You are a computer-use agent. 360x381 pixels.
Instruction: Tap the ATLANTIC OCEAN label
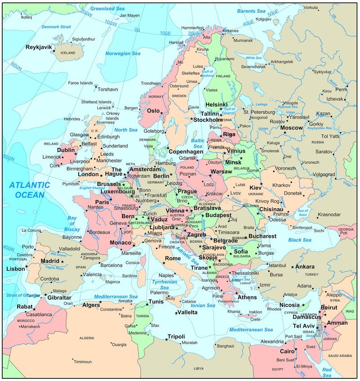tap(30, 189)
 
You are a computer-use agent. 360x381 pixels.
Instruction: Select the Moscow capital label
tap(291, 128)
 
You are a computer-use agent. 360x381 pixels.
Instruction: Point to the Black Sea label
tap(300, 240)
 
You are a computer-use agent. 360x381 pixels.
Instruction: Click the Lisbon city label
tap(15, 269)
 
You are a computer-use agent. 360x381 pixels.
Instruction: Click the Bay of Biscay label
tap(72, 224)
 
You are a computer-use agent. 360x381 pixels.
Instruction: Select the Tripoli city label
tap(176, 336)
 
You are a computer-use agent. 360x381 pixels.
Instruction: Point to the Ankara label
tap(305, 267)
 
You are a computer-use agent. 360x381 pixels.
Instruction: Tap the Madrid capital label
tap(49, 261)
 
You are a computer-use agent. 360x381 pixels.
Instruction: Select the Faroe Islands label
tap(80, 83)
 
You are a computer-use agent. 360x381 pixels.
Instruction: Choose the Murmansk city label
tap(243, 40)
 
